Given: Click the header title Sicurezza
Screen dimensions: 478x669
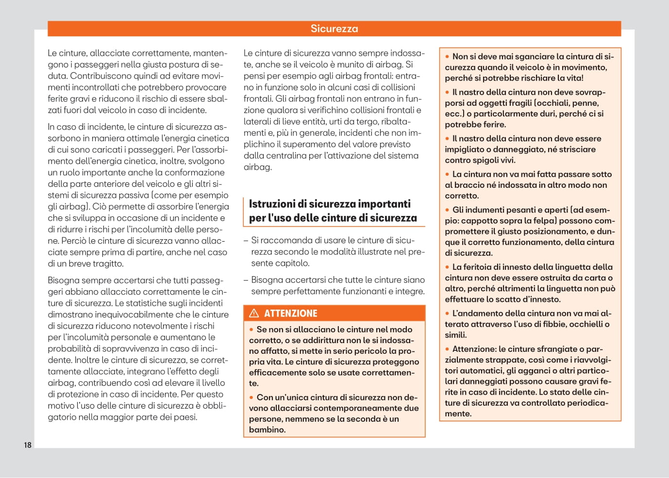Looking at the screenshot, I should (334, 29).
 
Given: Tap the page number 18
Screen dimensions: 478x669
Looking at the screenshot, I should (28, 445).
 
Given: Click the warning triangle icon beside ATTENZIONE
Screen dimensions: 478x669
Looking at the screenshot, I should (254, 313).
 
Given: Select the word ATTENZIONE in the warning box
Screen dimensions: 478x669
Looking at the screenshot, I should (290, 313).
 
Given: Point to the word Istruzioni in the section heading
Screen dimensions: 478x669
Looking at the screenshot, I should (272, 204).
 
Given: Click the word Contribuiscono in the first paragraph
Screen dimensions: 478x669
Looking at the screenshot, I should (99, 76).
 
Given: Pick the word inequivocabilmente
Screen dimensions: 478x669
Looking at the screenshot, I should (127, 314).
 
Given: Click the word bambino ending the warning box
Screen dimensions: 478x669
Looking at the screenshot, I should (267, 429).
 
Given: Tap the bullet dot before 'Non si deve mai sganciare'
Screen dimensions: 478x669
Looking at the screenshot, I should (448, 57).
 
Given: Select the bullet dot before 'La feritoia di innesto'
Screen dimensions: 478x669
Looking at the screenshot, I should (448, 267).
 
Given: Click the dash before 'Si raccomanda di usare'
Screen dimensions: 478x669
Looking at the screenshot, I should (246, 240).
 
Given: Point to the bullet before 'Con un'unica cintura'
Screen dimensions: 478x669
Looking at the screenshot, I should (251, 397).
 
